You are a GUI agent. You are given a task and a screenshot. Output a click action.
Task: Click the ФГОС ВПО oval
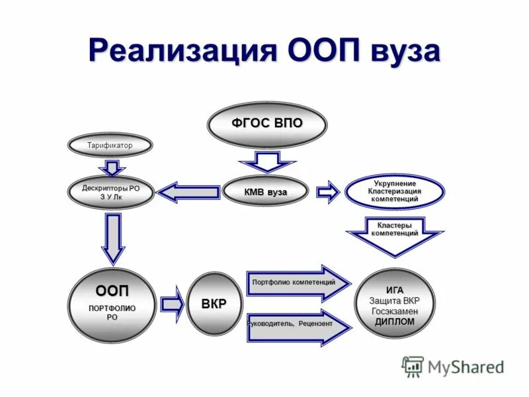pyautogui.click(x=266, y=124)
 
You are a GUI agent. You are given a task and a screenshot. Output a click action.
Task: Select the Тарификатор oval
pyautogui.click(x=110, y=146)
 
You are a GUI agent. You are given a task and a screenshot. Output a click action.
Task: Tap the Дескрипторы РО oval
pyautogui.click(x=110, y=193)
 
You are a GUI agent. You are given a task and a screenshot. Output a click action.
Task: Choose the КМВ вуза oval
pyautogui.click(x=266, y=192)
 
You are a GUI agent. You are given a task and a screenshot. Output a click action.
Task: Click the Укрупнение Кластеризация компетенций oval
pyautogui.click(x=394, y=191)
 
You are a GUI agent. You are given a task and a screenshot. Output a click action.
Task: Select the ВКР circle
pyautogui.click(x=214, y=304)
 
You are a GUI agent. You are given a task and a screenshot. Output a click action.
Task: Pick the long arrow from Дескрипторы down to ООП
pyautogui.click(x=112, y=238)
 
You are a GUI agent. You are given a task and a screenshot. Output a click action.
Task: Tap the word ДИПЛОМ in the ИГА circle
pyautogui.click(x=395, y=322)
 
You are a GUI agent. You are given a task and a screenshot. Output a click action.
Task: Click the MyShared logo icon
pyautogui.click(x=413, y=366)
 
